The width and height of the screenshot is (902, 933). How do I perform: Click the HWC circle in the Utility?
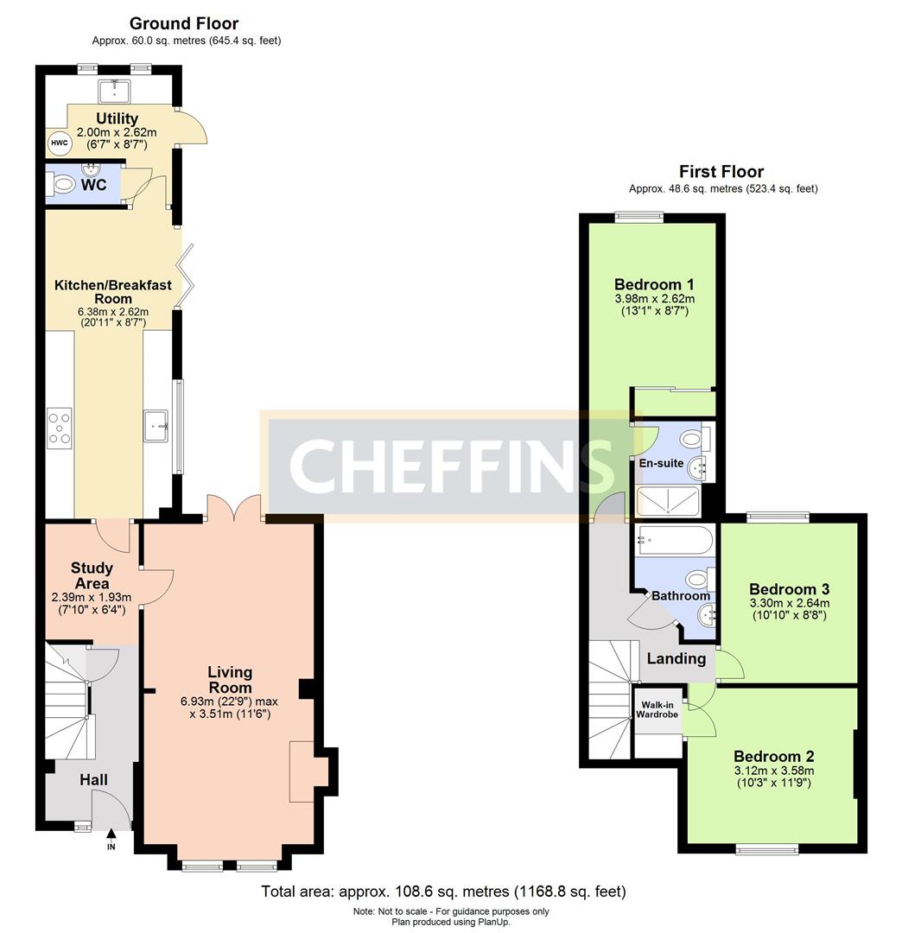(59, 143)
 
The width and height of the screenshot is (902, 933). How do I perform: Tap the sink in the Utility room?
(114, 91)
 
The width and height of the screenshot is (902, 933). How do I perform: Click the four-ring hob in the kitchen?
(60, 428)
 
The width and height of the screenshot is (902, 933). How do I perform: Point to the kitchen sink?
(156, 425)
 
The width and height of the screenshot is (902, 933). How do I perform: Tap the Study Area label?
(92, 575)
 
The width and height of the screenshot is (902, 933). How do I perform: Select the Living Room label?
(230, 680)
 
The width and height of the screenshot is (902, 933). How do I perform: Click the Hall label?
(94, 779)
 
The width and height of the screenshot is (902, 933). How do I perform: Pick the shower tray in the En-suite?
(668, 501)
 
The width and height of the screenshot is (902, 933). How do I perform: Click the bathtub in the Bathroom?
(674, 540)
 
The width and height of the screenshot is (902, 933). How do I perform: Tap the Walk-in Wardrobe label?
(657, 709)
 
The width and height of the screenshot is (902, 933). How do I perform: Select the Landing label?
(676, 658)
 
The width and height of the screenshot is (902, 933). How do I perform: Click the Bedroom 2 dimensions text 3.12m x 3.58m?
(774, 771)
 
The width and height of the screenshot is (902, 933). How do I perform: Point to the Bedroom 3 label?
(789, 589)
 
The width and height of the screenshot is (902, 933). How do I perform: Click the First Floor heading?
(721, 171)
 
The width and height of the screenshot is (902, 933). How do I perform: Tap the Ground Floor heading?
(184, 23)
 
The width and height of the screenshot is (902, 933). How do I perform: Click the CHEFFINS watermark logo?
(451, 466)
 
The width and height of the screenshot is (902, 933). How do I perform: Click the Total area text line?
(444, 892)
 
